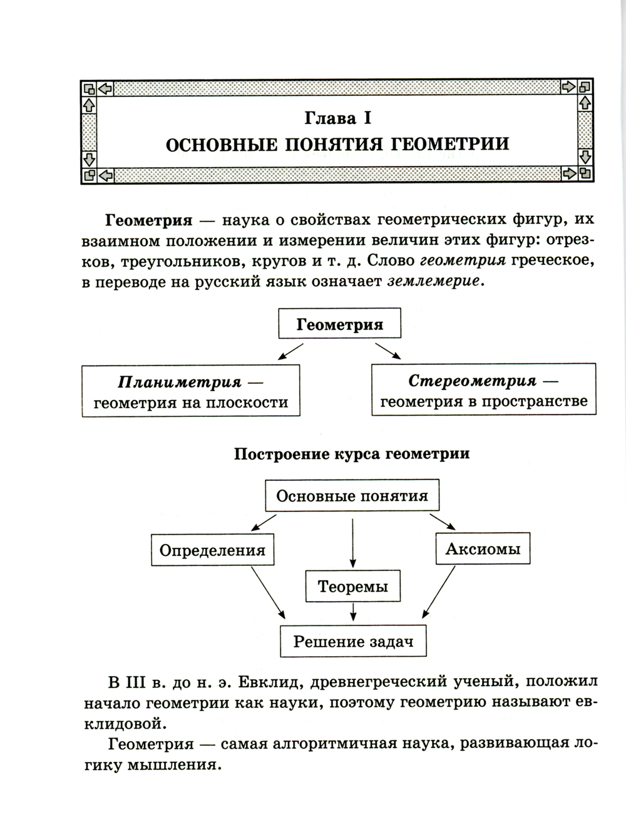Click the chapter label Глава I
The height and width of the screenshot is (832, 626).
coord(337,117)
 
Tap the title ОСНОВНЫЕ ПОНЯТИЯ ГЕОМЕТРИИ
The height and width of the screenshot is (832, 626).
coord(337,145)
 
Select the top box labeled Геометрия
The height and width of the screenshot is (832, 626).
coord(339,324)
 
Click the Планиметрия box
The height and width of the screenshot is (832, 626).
coord(191,391)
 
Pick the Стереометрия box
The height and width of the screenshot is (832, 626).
coord(483,390)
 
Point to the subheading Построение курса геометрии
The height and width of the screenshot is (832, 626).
coord(351,453)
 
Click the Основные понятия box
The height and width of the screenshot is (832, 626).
coord(352,496)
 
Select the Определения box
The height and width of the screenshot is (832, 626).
coord(212,550)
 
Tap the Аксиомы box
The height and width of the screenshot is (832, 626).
coord(482,549)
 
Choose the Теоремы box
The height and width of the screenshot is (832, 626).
coord(352,586)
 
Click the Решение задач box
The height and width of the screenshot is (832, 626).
coord(354,641)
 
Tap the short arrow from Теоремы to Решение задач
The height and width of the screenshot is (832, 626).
coord(354,612)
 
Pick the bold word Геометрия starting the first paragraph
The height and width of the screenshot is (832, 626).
coord(148,220)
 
